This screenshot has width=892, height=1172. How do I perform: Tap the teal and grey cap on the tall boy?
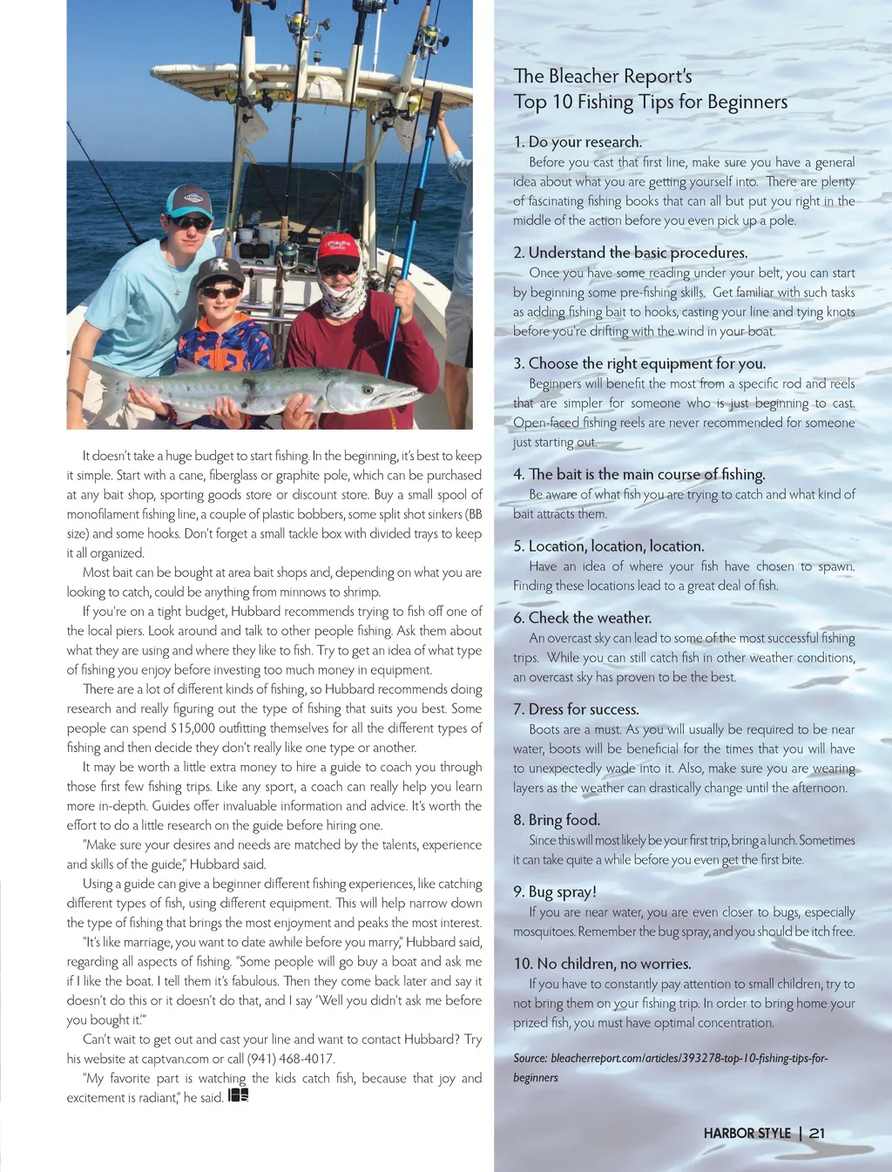coord(189,200)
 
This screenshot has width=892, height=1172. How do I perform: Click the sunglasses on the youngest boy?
coord(220,292)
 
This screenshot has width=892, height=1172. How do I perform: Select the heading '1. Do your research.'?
coord(578,142)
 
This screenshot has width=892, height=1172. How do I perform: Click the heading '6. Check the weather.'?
coord(582,618)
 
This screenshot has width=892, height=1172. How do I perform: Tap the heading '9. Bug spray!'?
coord(555,891)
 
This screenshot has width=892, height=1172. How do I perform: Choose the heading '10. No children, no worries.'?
coord(602,964)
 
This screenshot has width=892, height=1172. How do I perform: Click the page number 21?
coord(816,1133)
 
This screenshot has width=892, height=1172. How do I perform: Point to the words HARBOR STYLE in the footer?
coord(747,1133)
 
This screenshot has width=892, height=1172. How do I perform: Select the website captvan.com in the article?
coord(175,1059)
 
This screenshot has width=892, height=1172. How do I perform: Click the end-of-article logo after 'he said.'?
coord(238,1096)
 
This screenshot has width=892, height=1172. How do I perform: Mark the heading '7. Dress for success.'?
coord(576,709)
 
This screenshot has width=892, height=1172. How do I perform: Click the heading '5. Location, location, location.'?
coord(608,546)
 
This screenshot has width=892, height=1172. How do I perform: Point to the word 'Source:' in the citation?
coord(530,1058)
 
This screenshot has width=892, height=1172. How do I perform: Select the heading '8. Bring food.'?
coord(557,820)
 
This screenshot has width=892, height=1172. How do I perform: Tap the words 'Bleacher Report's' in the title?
coord(620,77)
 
